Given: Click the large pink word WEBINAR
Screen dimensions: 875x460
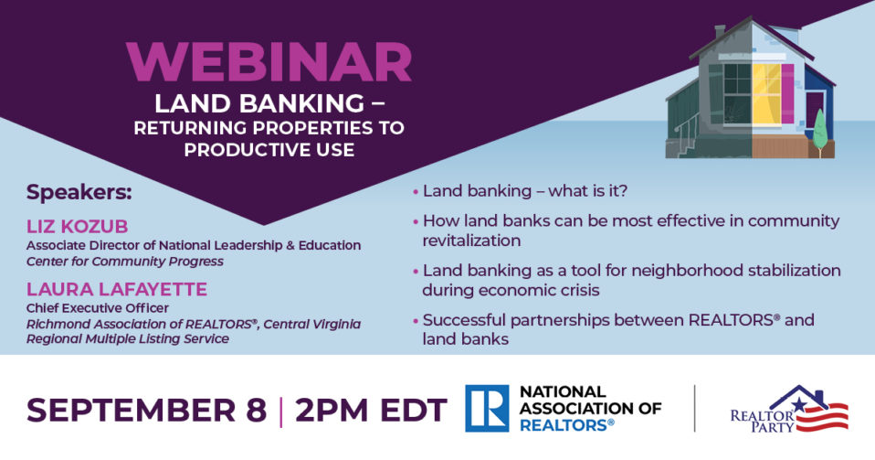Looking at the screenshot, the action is (269, 62).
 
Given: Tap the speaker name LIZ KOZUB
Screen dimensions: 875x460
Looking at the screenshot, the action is (77, 227).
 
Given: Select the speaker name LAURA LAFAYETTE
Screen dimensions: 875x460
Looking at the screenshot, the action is (117, 289).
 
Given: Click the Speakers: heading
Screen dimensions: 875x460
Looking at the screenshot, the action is (79, 192).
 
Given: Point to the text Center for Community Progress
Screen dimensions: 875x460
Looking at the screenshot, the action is (125, 262).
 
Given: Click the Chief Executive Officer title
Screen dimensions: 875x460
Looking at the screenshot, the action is (97, 308).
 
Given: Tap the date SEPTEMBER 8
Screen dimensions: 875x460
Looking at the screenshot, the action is (147, 410).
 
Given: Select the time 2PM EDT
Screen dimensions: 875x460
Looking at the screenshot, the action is (371, 410).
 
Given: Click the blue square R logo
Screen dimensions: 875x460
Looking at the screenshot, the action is (487, 409).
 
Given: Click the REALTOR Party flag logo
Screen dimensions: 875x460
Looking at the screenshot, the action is (790, 409).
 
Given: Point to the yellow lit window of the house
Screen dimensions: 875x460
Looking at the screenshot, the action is (766, 93).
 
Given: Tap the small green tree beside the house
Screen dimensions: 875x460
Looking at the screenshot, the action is (819, 132).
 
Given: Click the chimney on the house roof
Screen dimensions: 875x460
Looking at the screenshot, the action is (721, 31).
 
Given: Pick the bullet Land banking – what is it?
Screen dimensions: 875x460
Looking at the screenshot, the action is (525, 191).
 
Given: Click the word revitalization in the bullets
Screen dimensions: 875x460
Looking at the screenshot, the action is (471, 241).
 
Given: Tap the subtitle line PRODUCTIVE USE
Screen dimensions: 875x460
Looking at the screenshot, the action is (269, 150).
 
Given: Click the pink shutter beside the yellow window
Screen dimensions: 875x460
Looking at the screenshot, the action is (787, 93).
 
